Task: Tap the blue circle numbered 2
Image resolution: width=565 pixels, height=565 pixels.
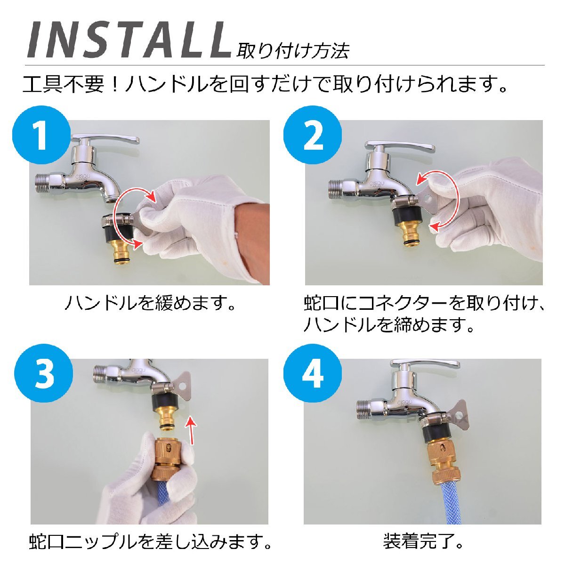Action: [x=313, y=136]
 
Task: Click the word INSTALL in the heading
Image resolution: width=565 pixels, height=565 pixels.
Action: [x=129, y=40]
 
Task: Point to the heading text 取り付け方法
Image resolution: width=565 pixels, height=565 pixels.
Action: [x=293, y=50]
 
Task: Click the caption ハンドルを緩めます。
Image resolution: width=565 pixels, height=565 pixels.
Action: [x=150, y=303]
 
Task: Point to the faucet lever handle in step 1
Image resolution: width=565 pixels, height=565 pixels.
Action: [x=106, y=139]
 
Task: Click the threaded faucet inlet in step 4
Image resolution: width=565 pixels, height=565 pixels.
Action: [x=364, y=410]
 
